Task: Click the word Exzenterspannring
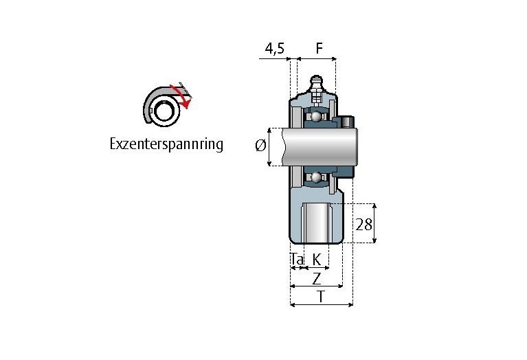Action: [166, 144]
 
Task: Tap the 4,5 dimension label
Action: [275, 49]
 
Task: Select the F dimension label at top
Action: [319, 48]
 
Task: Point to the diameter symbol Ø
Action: [260, 146]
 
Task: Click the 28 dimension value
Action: [363, 224]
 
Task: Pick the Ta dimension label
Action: [297, 259]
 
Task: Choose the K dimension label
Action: [317, 259]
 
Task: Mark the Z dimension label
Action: [317, 278]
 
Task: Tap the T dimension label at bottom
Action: [321, 297]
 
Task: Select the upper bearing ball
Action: [316, 117]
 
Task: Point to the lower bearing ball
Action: [316, 178]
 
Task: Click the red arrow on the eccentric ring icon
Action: [181, 96]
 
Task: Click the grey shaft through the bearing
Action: [319, 147]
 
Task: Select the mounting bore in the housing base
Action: [317, 223]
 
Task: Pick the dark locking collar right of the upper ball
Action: [343, 122]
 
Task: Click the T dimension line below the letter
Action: [322, 304]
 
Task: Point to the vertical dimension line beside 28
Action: [374, 223]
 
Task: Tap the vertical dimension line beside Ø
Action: [269, 147]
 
